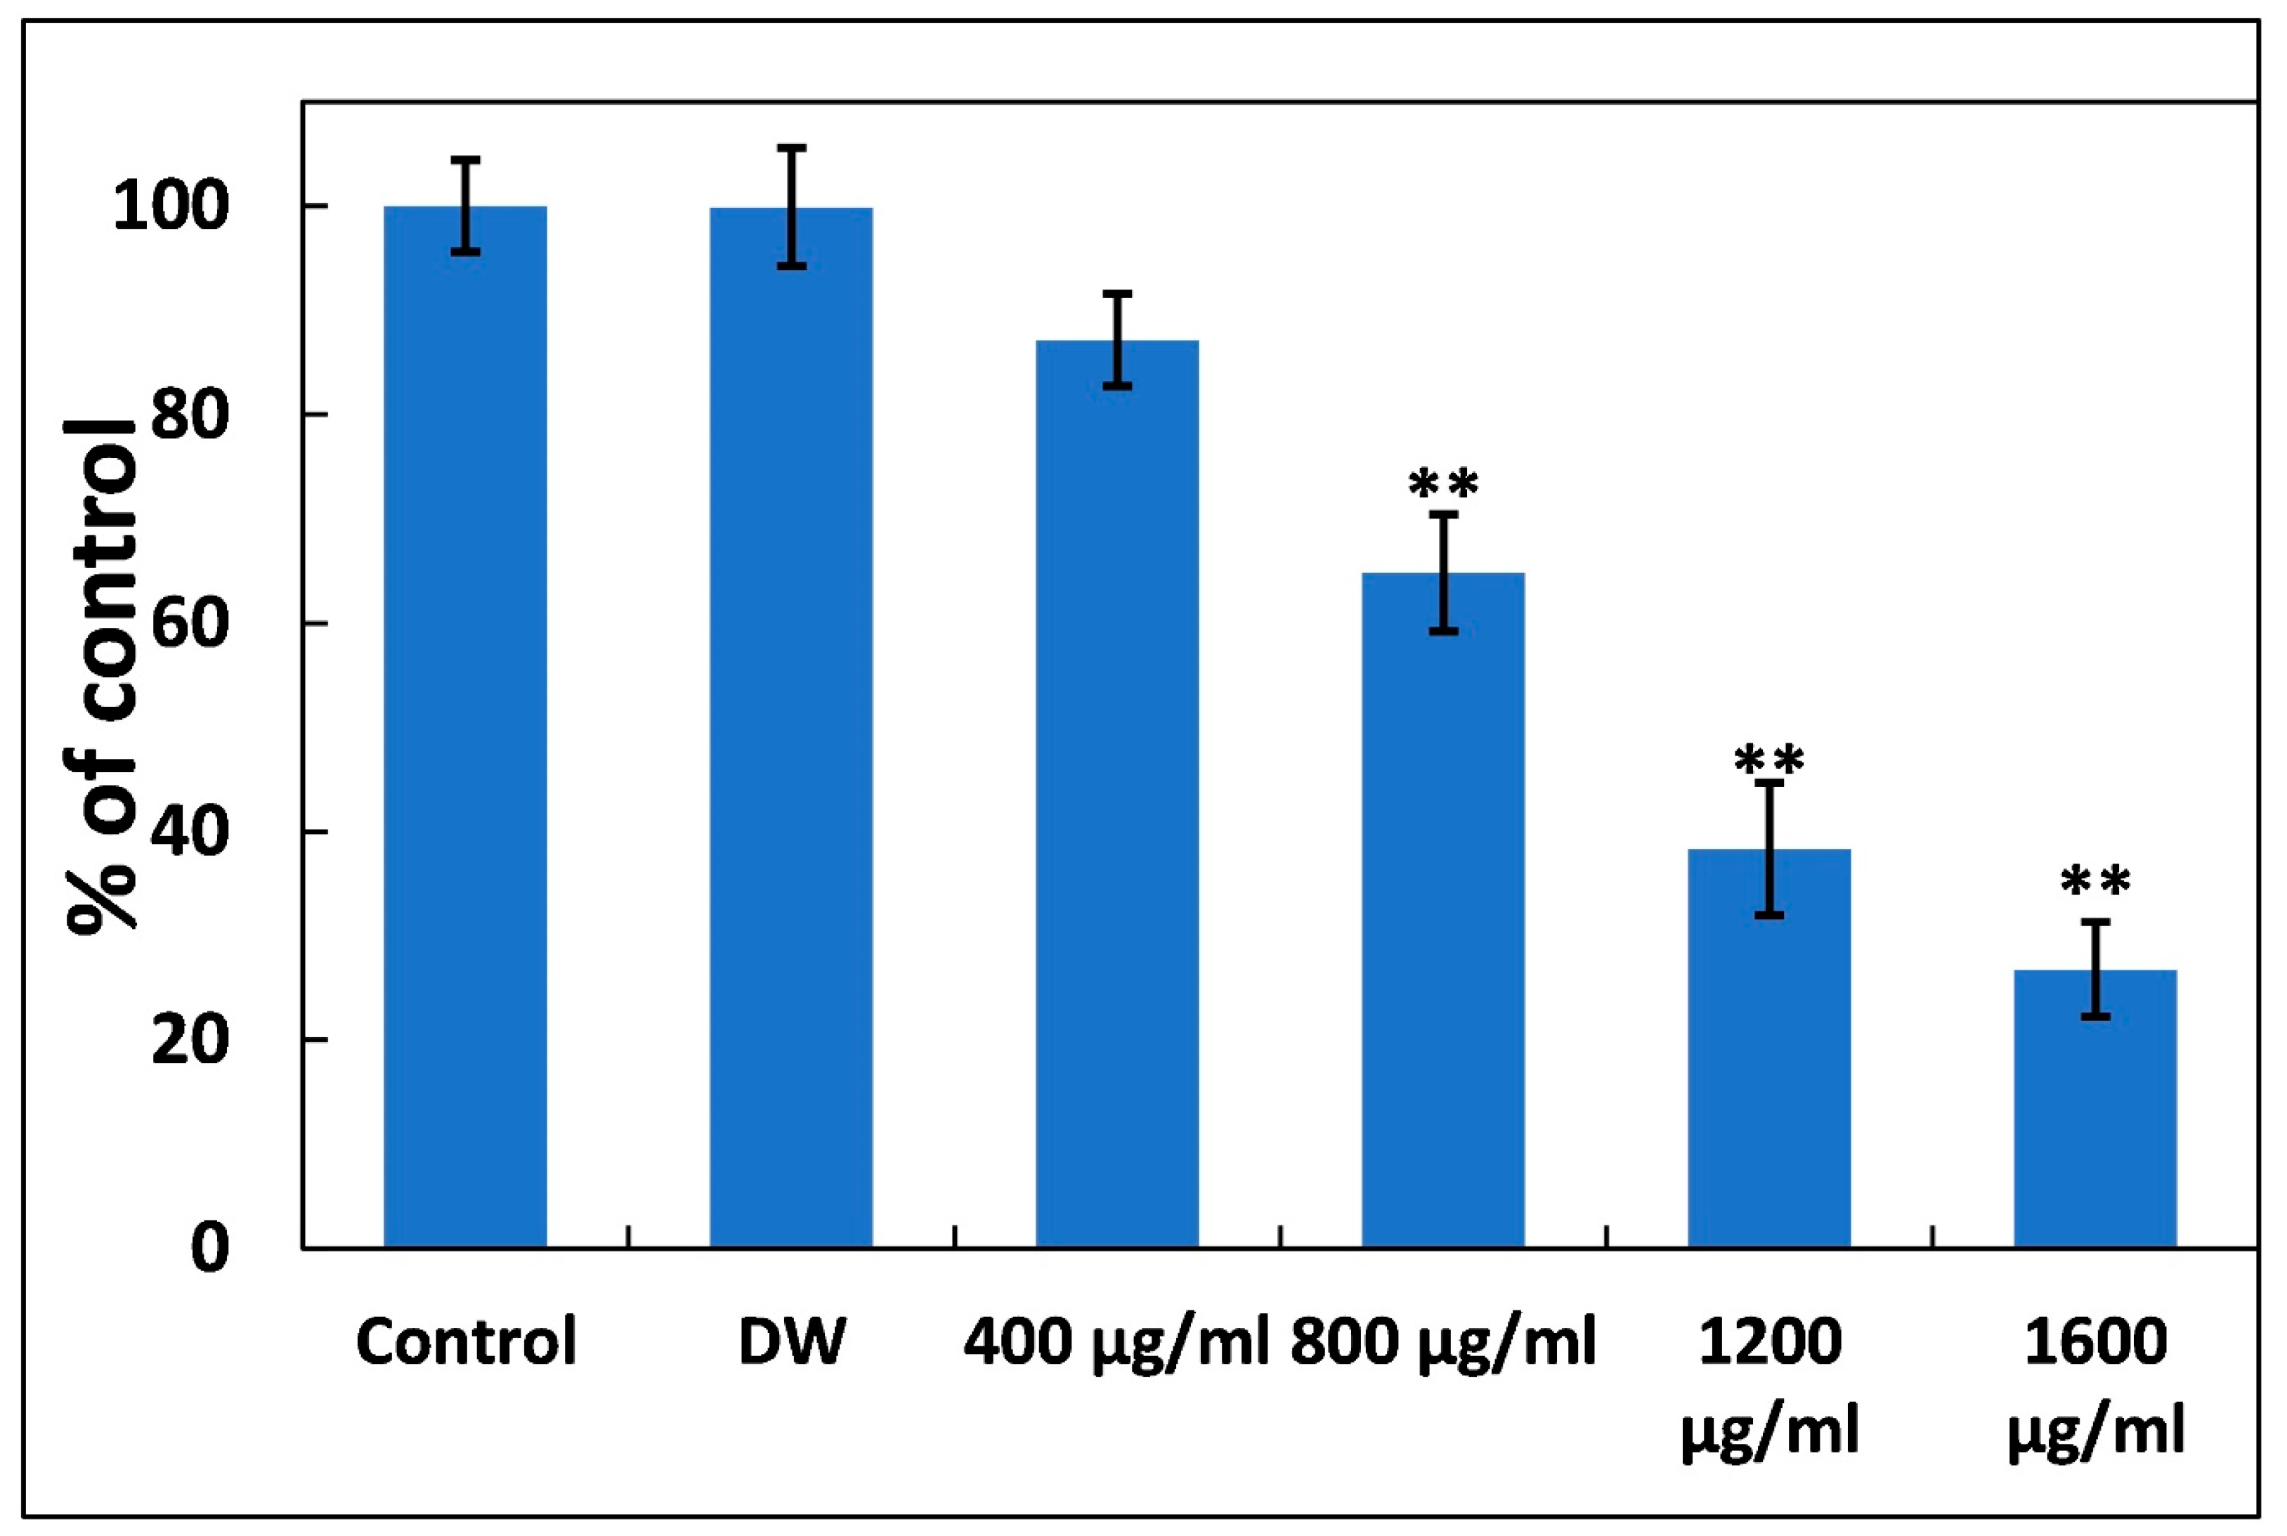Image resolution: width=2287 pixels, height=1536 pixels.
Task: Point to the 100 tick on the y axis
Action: (171, 208)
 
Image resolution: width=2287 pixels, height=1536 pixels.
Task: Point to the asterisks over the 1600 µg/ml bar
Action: (2095, 883)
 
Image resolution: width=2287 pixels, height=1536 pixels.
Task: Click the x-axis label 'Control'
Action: (465, 1342)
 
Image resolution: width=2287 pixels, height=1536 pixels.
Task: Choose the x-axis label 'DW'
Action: (790, 1342)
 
